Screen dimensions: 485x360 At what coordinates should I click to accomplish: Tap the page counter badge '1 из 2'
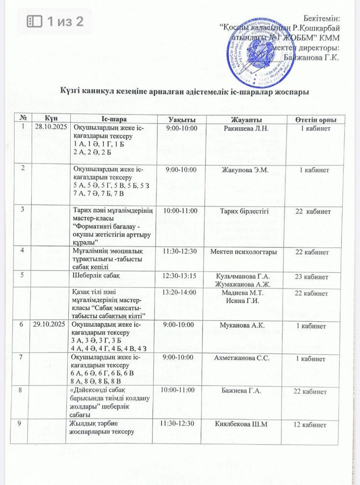coord(54,21)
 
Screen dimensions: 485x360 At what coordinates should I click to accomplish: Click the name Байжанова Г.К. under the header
coord(312,57)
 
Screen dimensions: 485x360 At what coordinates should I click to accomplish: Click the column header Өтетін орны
coord(315,119)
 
